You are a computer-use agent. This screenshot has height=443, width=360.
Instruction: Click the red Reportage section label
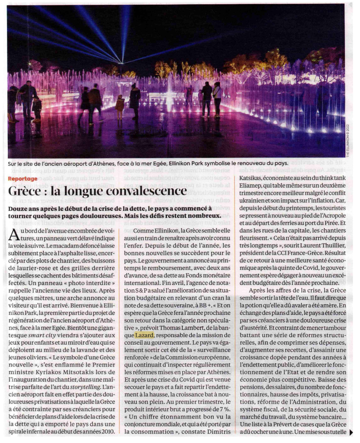(22, 179)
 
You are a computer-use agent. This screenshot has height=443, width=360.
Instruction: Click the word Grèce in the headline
(27, 191)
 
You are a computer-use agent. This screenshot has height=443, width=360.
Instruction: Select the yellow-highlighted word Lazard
(144, 335)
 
